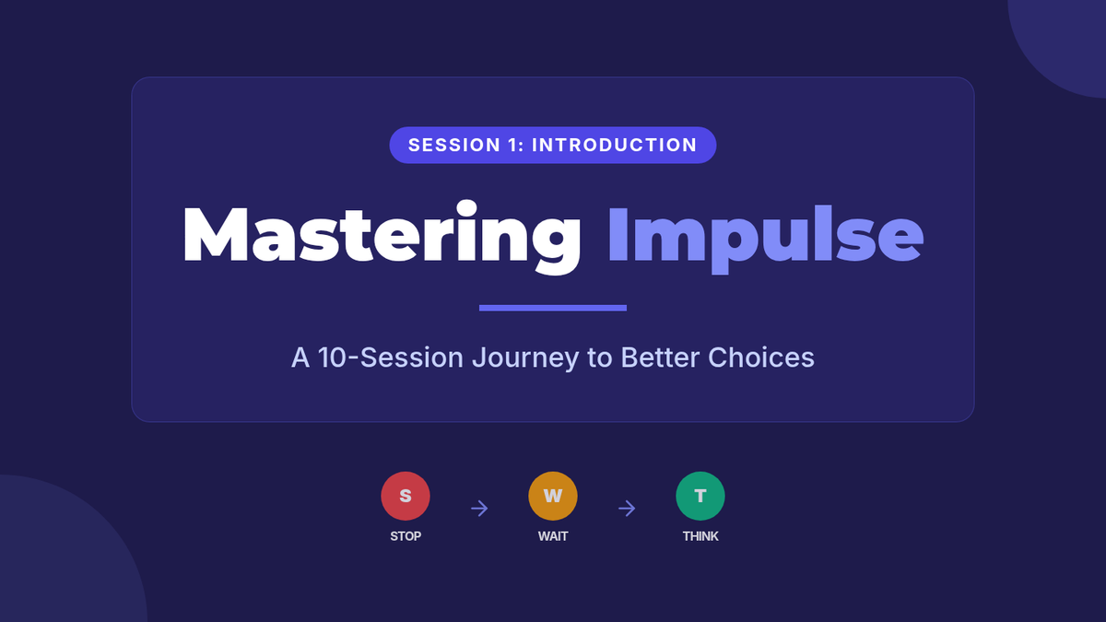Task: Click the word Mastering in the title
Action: [382, 237]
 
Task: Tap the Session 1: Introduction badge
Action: [552, 146]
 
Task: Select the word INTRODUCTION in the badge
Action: [614, 146]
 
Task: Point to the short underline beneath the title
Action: [552, 308]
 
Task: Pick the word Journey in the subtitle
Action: [525, 358]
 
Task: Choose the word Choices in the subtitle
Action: [761, 357]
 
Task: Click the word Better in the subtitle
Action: [660, 357]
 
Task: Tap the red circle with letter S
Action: [406, 496]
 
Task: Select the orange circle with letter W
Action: [552, 496]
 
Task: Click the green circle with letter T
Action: [700, 496]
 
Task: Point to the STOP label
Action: [406, 536]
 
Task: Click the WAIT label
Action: [552, 536]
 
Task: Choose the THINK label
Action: [700, 536]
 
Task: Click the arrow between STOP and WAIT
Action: [479, 508]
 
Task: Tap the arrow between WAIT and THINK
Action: [627, 508]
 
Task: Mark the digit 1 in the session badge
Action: [511, 146]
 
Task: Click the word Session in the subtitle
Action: [412, 358]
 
